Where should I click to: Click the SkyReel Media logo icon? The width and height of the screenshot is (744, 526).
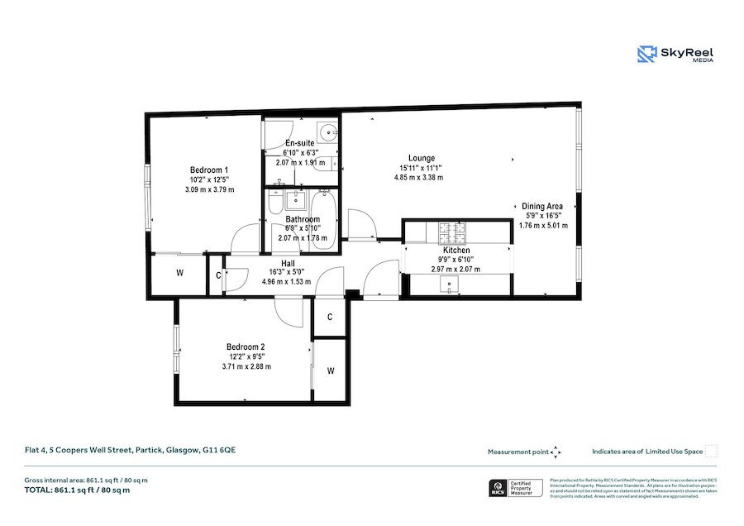coord(646,55)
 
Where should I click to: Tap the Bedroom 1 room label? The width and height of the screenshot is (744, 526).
coord(209,170)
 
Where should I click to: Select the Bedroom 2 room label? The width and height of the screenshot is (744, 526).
coord(246,347)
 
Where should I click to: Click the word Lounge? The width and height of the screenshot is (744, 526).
coord(421,158)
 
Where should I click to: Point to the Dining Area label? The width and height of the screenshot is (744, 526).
coord(542,207)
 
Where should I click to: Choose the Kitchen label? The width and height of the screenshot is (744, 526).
coord(456,250)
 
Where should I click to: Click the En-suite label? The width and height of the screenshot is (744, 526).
coord(298,143)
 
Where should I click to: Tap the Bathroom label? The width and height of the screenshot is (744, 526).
coord(303,219)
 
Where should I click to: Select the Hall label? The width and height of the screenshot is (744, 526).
coord(288,262)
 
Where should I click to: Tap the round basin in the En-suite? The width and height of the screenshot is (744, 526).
coord(328,131)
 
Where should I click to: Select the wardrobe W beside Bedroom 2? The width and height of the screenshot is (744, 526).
coord(331,370)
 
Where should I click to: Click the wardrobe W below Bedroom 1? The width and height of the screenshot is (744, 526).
coord(179,272)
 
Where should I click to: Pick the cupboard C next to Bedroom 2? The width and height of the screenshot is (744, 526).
coord(330,317)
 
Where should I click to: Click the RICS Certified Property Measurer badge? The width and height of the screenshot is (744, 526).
coord(514,488)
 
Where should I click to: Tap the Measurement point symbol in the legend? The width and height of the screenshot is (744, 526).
coord(556,452)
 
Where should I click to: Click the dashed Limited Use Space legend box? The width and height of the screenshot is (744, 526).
coord(711,451)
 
